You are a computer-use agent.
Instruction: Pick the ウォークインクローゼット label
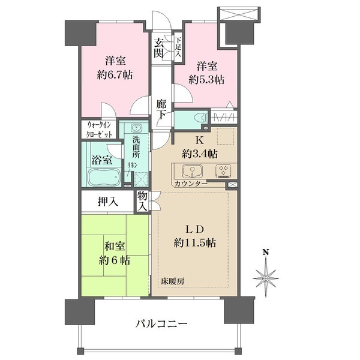(99, 130)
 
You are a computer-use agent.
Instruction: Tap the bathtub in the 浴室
(105, 178)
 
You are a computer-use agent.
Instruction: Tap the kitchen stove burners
(223, 170)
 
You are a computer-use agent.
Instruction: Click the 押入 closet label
(108, 202)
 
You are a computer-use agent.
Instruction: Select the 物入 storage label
(142, 201)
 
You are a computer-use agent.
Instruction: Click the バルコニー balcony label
(161, 323)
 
